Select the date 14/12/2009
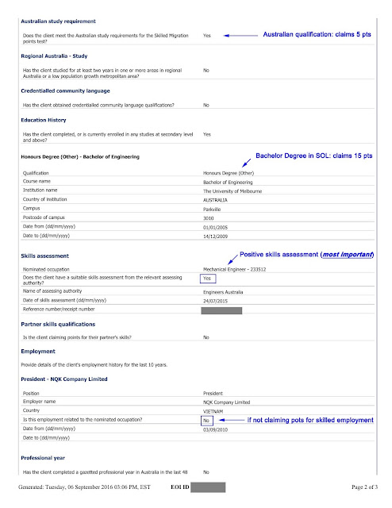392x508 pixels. pyautogui.click(x=219, y=235)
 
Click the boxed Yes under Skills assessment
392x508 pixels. pyautogui.click(x=209, y=279)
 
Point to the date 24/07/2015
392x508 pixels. pyautogui.click(x=219, y=301)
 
